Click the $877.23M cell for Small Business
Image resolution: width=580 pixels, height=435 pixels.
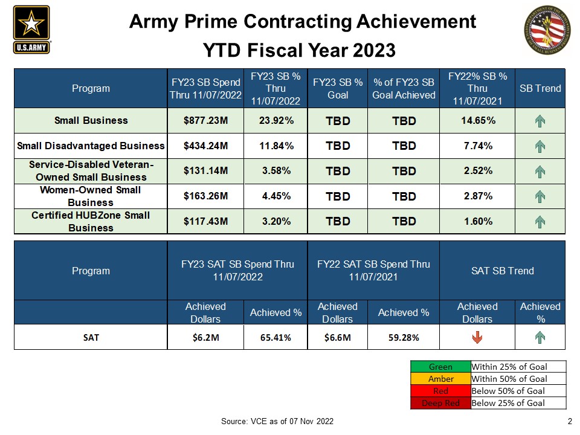click(205, 120)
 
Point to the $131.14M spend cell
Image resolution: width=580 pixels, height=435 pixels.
click(205, 171)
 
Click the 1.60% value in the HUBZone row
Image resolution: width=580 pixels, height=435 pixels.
click(478, 221)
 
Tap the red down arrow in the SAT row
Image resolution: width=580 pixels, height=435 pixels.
click(477, 338)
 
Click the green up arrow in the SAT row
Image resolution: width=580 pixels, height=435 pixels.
click(540, 338)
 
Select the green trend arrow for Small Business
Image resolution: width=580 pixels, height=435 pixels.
click(540, 121)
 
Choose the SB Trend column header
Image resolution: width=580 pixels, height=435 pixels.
click(540, 88)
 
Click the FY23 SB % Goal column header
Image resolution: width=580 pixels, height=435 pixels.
click(338, 88)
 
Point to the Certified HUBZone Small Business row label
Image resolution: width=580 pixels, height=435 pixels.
click(91, 221)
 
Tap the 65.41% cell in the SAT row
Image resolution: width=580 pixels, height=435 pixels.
click(275, 338)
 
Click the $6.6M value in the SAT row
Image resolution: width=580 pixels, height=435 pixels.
click(338, 338)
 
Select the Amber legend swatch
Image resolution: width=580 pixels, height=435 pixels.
click(440, 379)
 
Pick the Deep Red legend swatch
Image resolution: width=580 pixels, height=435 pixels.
click(440, 403)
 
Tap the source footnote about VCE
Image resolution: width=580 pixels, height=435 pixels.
click(277, 421)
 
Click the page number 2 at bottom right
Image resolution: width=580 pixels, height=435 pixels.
click(570, 421)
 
